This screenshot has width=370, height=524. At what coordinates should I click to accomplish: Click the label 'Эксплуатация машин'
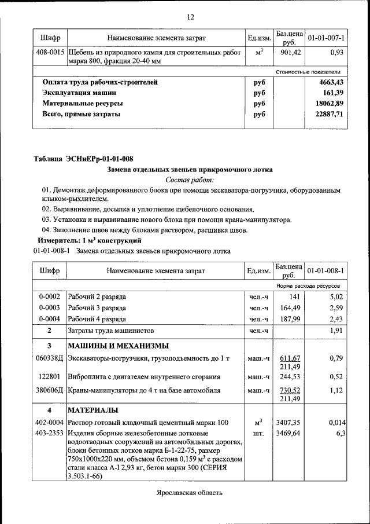tap(79, 93)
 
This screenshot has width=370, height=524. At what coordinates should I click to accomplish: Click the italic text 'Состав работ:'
tap(190, 180)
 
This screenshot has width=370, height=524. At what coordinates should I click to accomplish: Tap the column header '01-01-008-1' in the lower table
tap(326, 270)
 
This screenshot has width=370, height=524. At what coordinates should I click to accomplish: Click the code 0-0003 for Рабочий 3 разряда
tap(49, 308)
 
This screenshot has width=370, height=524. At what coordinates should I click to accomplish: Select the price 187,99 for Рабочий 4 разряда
tap(288, 319)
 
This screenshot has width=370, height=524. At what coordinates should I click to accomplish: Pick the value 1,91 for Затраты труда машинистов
tap(336, 331)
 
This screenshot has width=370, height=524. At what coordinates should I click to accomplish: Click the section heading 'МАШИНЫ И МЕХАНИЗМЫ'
tap(119, 346)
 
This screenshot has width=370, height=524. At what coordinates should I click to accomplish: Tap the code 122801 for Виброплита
tap(50, 376)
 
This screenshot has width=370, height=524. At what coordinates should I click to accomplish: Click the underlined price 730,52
tap(288, 390)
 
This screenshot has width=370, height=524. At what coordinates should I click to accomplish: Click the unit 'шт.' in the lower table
tap(258, 433)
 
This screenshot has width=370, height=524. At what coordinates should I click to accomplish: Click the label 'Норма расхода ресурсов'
tap(308, 287)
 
